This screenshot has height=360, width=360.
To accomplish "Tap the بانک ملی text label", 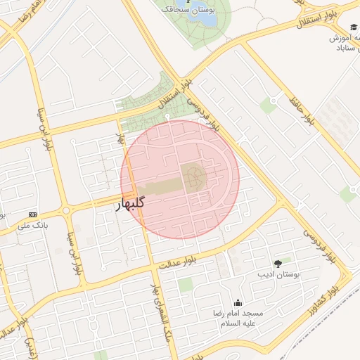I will pyautogui.click(x=35, y=226).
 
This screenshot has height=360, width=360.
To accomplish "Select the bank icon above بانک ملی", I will pyautogui.click(x=32, y=214).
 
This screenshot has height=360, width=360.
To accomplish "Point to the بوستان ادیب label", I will pyautogui.click(x=278, y=275).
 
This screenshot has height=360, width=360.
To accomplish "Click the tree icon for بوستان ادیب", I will pyautogui.click(x=278, y=262).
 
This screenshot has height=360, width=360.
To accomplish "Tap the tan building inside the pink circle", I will pyautogui.click(x=193, y=177).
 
